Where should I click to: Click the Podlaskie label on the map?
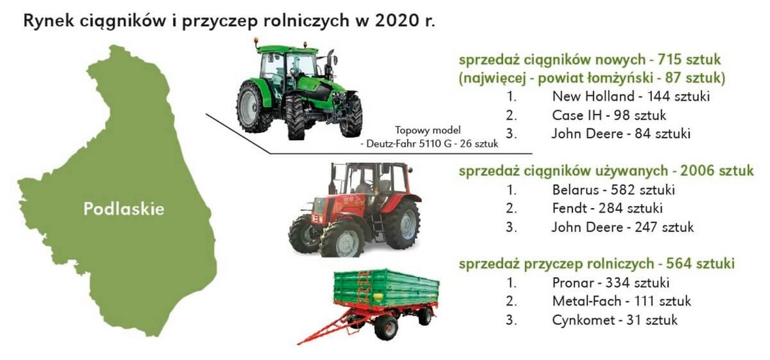click(124, 209)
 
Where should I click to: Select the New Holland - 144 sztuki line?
click(630, 96)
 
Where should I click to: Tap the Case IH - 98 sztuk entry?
click(609, 115)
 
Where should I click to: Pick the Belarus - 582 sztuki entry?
click(613, 190)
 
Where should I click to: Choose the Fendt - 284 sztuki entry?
click(607, 209)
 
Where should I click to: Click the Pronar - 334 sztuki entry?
click(611, 283)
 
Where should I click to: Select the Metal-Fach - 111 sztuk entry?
click(621, 301)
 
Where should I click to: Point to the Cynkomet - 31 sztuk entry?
click(614, 320)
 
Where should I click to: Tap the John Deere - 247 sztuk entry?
click(623, 227)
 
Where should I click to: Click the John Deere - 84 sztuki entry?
click(621, 134)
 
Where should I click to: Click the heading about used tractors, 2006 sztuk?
click(606, 171)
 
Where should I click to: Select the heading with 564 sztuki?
click(596, 264)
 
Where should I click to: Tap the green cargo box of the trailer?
click(386, 288)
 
